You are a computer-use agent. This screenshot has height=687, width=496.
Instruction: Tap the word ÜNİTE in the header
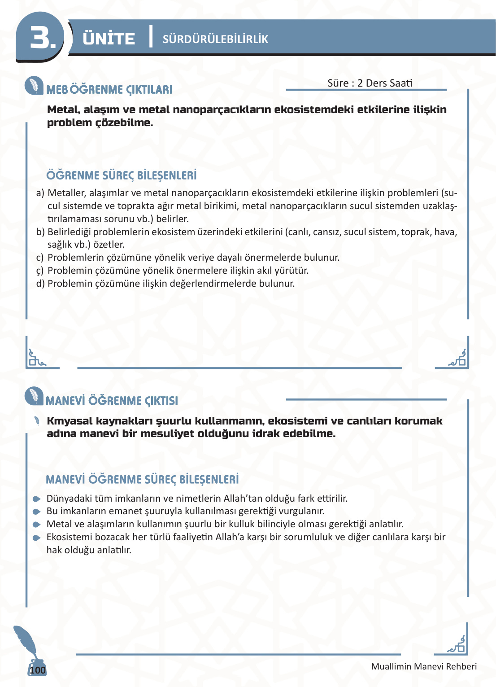(109, 39)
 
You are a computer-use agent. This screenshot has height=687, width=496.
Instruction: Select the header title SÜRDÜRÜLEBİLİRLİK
(215, 39)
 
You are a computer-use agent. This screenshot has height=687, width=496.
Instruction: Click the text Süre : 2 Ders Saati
(370, 83)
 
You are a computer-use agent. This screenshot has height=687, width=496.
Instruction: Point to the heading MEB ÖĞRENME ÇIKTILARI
(109, 90)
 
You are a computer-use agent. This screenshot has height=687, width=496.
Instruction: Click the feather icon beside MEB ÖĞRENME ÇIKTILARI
(34, 86)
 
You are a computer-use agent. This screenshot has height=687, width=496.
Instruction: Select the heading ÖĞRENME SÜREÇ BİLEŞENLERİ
(122, 175)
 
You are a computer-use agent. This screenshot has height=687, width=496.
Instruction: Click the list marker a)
(40, 193)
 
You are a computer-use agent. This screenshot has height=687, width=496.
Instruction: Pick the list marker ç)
(40, 271)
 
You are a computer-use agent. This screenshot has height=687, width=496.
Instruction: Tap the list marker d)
(40, 284)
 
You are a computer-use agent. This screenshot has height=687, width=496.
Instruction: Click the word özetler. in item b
(109, 245)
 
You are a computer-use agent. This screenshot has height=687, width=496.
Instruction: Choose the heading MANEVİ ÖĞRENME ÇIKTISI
(112, 401)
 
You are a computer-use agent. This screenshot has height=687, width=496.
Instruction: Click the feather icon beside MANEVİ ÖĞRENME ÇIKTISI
(34, 396)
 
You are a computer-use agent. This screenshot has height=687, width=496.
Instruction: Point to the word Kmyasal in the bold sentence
(70, 421)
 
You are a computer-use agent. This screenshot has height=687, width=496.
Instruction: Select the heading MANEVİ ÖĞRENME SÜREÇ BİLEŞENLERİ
(142, 480)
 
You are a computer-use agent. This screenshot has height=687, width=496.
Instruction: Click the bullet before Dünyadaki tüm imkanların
(37, 499)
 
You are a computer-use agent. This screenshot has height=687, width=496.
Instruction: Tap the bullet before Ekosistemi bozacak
(37, 538)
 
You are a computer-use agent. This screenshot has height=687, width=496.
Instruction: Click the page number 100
(38, 670)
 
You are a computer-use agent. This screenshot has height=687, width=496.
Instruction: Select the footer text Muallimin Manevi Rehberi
(424, 666)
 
